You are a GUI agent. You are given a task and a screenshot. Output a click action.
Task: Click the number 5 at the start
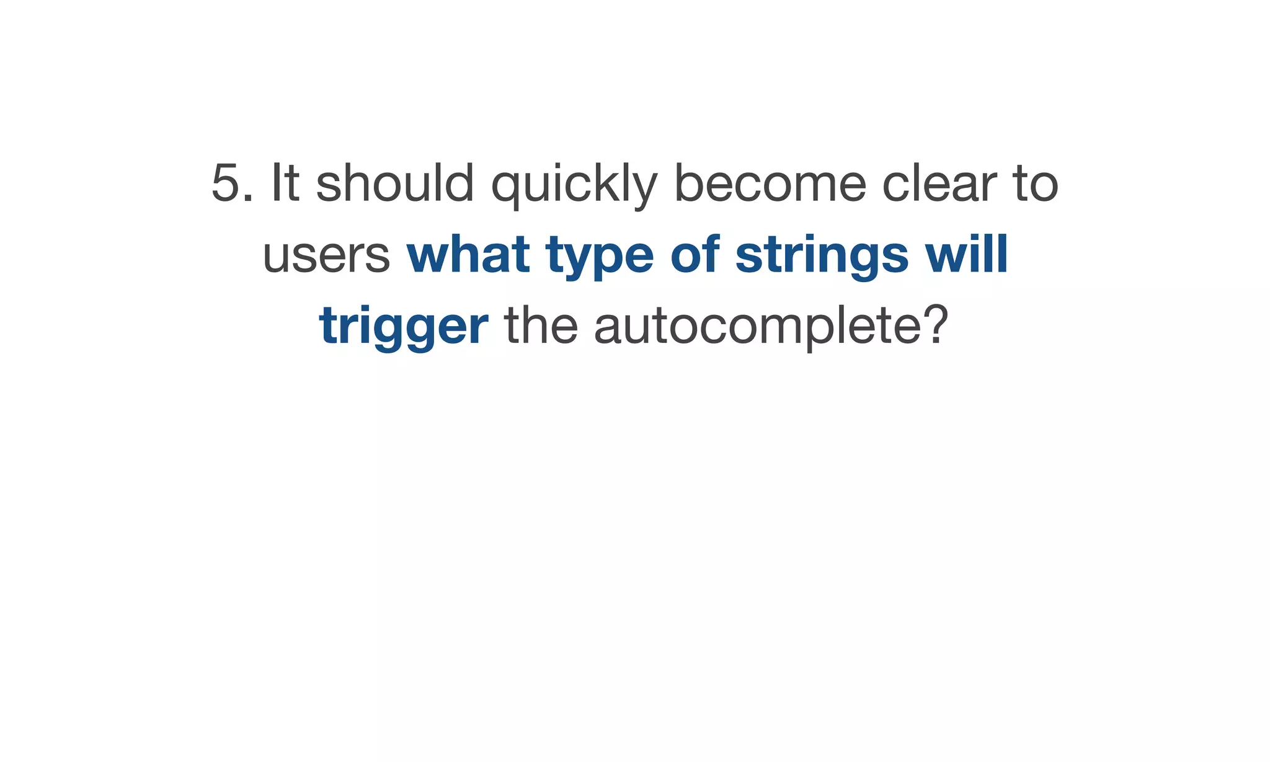click(x=226, y=184)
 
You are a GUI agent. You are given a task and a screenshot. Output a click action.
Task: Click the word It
click(x=286, y=184)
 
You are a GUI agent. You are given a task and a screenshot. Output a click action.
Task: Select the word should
click(x=395, y=184)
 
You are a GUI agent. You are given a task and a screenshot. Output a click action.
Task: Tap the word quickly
click(x=574, y=185)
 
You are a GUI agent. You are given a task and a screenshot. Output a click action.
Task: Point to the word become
click(x=770, y=184)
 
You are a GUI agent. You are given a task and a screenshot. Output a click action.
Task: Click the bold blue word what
click(x=468, y=254)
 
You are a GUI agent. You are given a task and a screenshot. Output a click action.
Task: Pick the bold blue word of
click(x=695, y=254)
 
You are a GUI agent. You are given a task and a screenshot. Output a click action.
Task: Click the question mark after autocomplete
click(x=936, y=325)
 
